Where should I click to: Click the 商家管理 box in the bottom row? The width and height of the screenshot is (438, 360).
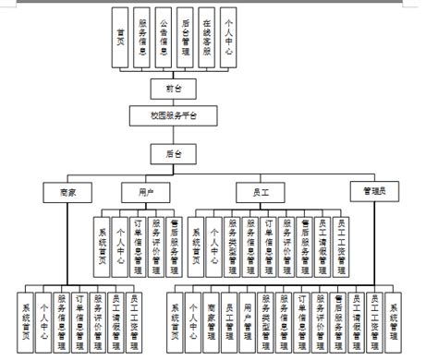[x=212, y=318]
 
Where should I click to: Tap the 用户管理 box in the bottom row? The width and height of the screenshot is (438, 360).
[x=248, y=318]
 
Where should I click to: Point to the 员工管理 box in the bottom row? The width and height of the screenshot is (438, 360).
[x=230, y=318]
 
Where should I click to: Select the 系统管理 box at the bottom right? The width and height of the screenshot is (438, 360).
[x=394, y=318]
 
